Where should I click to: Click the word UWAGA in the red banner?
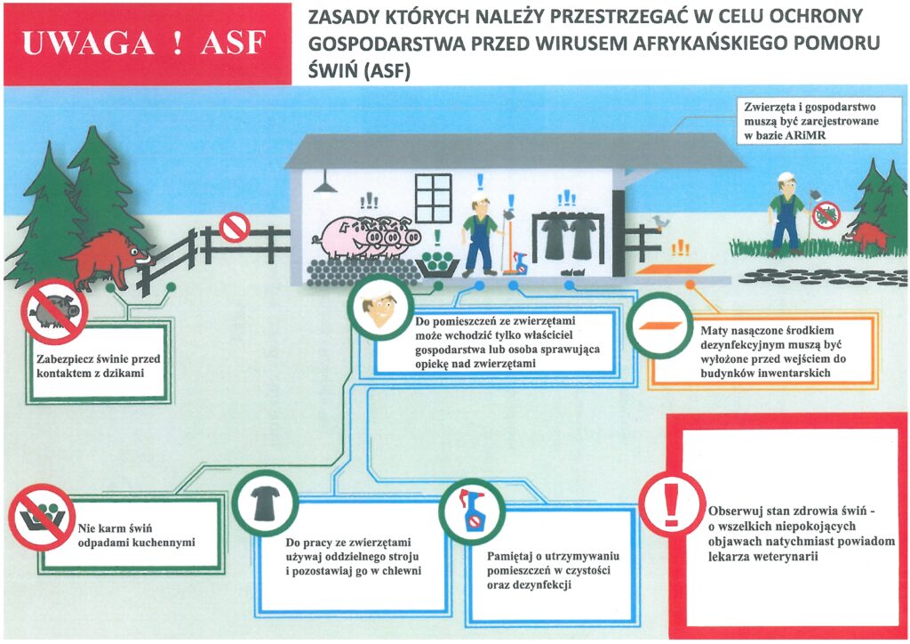pos(88,44)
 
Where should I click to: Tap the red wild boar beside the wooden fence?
pos(108,258)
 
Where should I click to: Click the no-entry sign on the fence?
pos(235,228)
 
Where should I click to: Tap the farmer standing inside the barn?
pos(480,237)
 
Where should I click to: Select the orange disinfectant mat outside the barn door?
pos(675,270)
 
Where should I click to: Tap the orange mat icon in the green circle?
pos(660,326)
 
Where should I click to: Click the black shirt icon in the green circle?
pos(265,503)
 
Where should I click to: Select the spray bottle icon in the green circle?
pos(472,511)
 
